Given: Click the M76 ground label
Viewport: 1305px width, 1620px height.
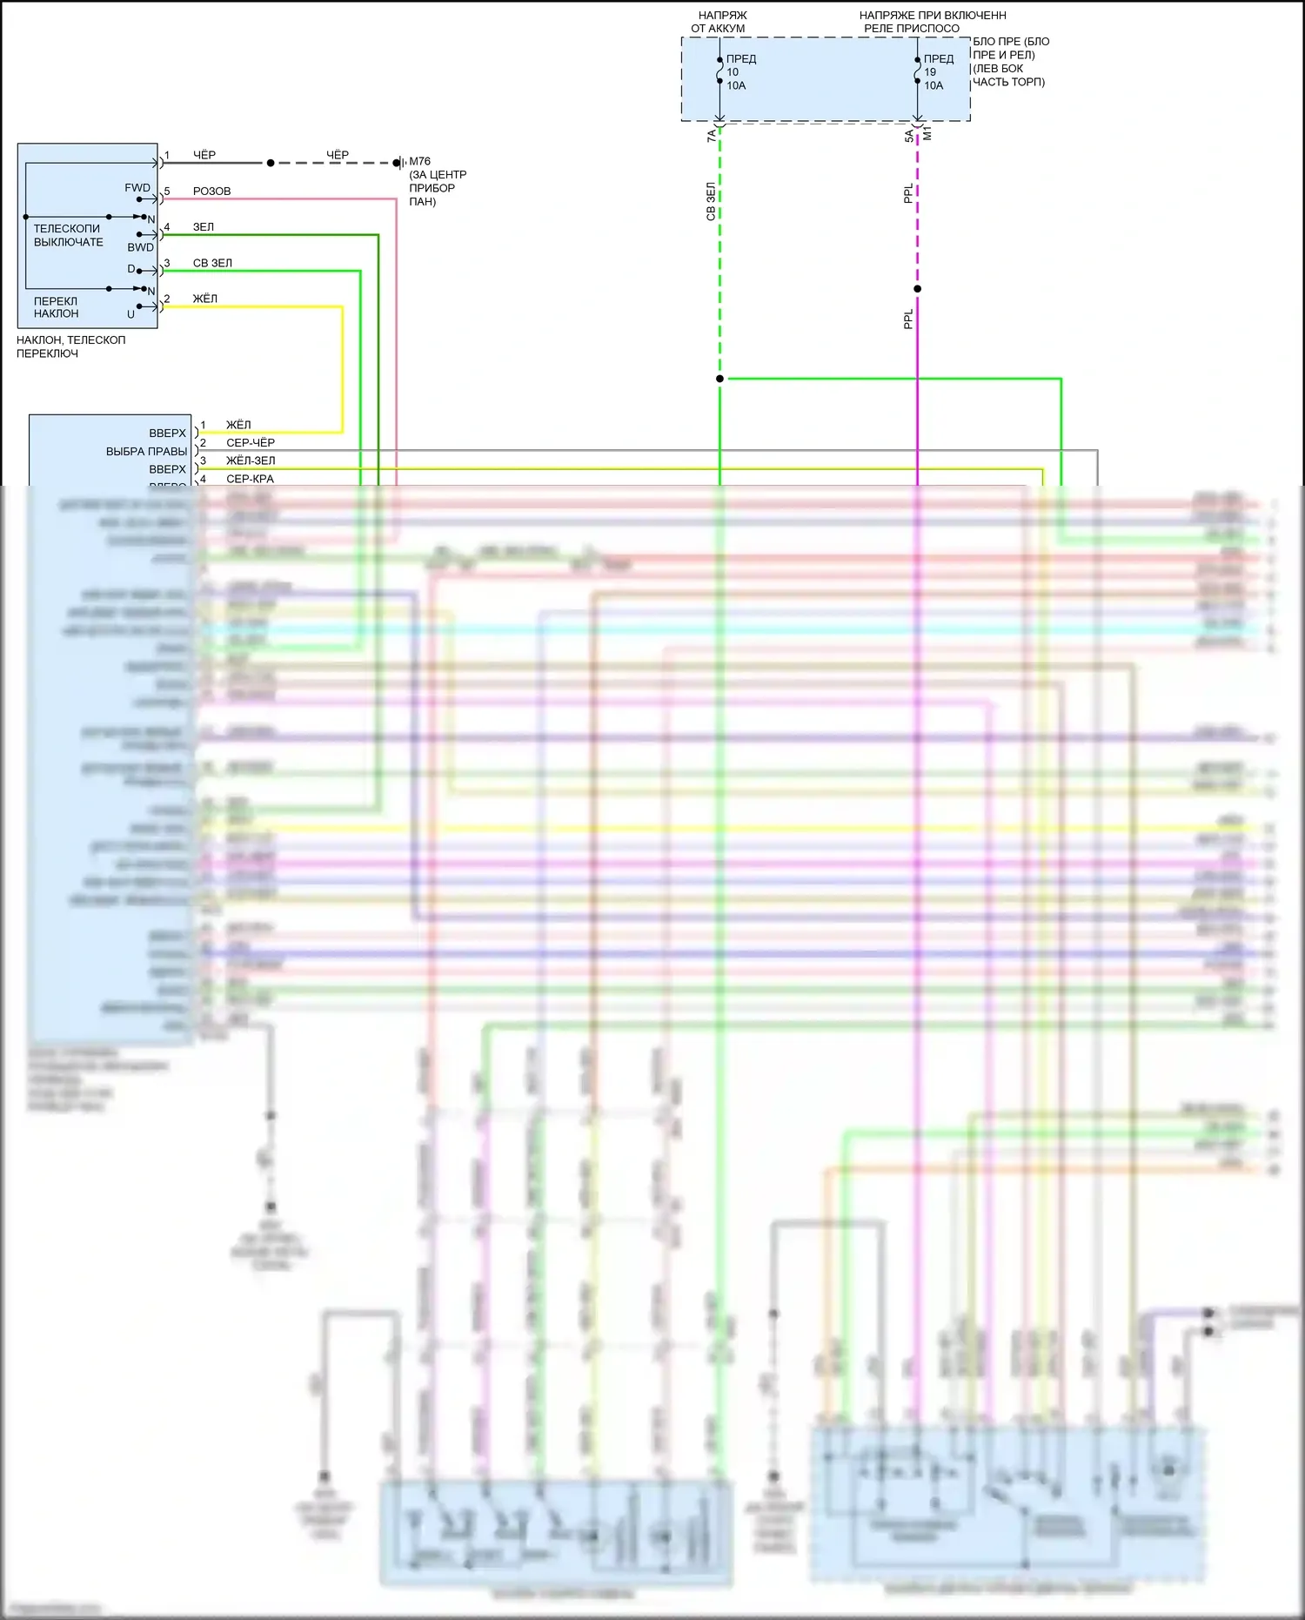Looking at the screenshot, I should tap(419, 161).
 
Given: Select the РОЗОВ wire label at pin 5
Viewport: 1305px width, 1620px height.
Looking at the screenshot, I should tap(211, 191).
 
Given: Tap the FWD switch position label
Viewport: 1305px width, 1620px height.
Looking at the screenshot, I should tap(137, 188).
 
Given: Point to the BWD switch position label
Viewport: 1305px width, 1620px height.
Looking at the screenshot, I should tap(140, 247).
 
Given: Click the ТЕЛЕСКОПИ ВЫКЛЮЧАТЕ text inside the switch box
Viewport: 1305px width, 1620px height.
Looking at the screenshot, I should tap(68, 235).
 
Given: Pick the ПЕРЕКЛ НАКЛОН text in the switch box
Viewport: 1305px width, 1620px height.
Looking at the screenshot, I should tap(56, 307).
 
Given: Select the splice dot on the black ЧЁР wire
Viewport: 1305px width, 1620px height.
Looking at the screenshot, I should tap(271, 163).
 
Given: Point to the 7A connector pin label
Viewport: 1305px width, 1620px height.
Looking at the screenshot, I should tap(711, 136).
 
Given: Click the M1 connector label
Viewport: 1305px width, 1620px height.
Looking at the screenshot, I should tap(927, 133).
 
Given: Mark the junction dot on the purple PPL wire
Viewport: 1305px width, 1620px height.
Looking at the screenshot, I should tap(917, 289).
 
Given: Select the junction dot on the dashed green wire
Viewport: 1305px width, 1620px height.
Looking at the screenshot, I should tap(719, 379).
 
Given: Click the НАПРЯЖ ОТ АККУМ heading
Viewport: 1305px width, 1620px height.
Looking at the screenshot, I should tap(720, 22).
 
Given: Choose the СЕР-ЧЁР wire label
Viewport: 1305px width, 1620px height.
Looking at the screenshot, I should tap(251, 442).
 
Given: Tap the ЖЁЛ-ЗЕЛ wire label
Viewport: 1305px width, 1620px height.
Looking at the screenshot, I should tap(251, 460).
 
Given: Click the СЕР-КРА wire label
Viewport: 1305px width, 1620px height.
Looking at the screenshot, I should tap(250, 479).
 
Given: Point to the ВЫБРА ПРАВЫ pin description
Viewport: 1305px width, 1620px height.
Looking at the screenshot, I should tap(146, 451).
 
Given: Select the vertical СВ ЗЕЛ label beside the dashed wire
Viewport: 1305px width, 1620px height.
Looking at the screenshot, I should tap(711, 201).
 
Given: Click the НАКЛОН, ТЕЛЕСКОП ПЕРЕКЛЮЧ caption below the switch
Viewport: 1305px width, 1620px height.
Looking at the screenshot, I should tap(70, 346).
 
